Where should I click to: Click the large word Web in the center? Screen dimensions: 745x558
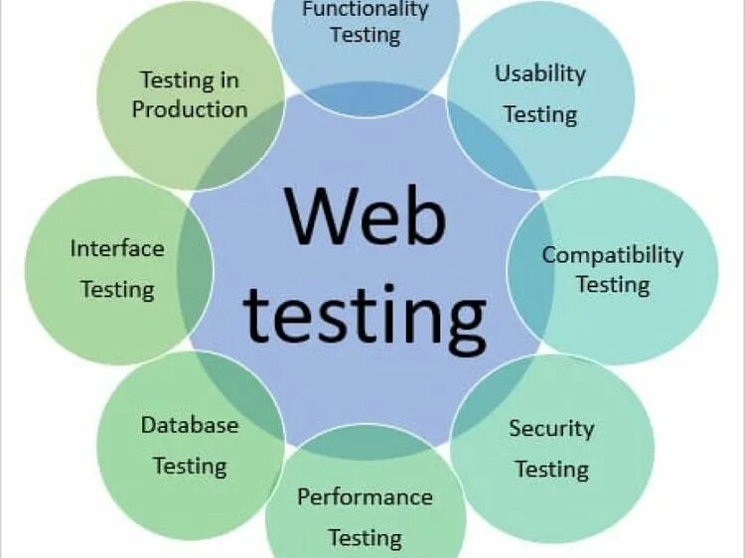pos(365,215)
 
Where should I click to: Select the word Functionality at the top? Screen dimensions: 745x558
pos(365,10)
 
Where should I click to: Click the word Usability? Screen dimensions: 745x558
pos(540,73)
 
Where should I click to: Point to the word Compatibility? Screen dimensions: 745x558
pos(612,255)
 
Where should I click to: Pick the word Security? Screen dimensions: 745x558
pos(551,429)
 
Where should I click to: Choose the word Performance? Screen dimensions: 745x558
pos(365,496)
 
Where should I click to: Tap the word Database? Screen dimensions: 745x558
pos(190,426)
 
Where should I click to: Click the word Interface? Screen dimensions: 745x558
pos(117,248)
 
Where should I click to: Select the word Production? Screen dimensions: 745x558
pos(190,109)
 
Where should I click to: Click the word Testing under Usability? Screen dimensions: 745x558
pos(540,114)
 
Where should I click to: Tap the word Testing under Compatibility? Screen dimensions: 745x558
pos(612,285)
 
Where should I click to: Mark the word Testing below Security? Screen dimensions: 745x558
pos(551,469)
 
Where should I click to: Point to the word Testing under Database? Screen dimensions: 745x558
pos(190,466)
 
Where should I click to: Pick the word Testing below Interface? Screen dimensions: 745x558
pos(117,290)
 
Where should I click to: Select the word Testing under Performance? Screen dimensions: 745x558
pos(365,538)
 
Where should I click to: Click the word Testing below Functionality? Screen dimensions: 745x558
pos(365,36)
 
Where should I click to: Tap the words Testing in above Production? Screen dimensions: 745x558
pos(189,79)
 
